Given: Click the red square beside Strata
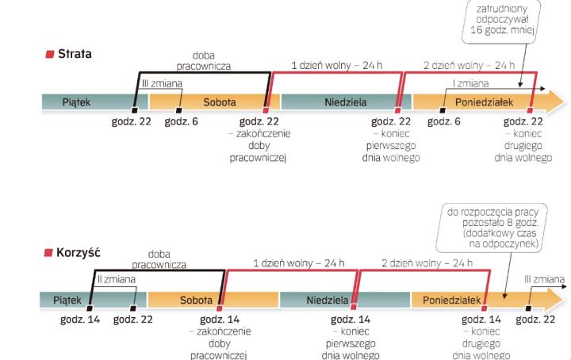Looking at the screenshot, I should [49, 54].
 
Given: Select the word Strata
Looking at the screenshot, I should [74, 54].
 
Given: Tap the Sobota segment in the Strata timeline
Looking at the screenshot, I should [219, 101].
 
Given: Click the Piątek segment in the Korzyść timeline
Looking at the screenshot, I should [67, 300].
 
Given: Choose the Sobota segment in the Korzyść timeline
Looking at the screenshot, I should [196, 300].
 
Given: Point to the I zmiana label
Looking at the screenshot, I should [471, 82].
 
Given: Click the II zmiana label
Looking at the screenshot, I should [116, 279].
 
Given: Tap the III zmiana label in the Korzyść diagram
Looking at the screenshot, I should [544, 279].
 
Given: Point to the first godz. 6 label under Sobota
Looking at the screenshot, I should [181, 121].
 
